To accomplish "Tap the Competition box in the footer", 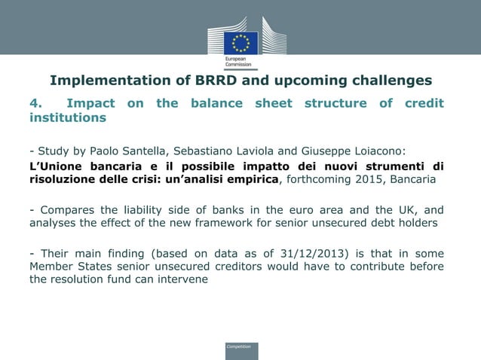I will [240, 349].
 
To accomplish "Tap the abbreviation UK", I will [400, 210].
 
